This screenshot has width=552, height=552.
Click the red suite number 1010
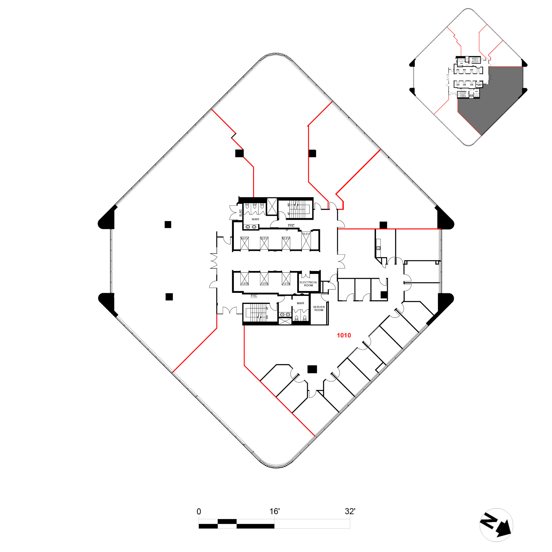tap(344, 335)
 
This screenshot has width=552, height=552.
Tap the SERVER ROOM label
tap(319, 309)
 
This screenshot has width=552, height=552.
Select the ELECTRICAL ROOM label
tap(308, 284)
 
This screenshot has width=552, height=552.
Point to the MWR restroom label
tap(300, 303)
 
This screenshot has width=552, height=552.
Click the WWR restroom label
tap(255, 219)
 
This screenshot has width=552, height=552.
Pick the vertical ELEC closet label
tap(240, 213)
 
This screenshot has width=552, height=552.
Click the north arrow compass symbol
tap(496, 525)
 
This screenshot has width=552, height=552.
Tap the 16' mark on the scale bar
tap(274, 511)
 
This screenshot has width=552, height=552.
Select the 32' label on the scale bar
tap(350, 511)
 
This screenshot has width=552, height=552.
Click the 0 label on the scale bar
tap(199, 512)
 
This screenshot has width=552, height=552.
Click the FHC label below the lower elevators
tap(254, 296)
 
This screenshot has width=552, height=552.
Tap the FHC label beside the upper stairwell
tap(291, 226)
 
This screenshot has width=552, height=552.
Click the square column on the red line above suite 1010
tap(383, 225)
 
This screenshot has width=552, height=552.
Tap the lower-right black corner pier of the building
tap(445, 303)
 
